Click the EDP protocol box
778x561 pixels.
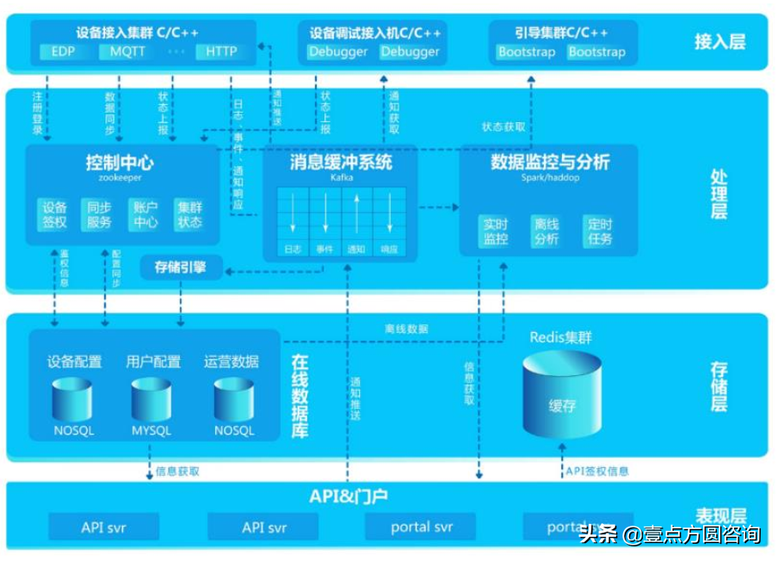tap(63, 52)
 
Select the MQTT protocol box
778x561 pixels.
tap(127, 52)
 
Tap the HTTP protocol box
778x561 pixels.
tap(220, 52)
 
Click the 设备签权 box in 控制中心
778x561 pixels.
tap(55, 215)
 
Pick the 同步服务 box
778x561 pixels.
tap(100, 215)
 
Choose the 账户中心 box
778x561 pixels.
tap(145, 215)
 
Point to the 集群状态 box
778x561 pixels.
tap(190, 215)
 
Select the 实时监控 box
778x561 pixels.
tap(495, 231)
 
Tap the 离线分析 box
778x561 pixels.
tap(546, 231)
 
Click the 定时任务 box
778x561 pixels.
tap(597, 231)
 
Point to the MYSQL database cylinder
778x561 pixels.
tap(151, 400)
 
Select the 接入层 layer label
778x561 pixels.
tap(719, 40)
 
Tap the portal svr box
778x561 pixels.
tap(422, 527)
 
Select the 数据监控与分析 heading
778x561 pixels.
tap(550, 162)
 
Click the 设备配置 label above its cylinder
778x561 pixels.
tap(74, 362)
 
